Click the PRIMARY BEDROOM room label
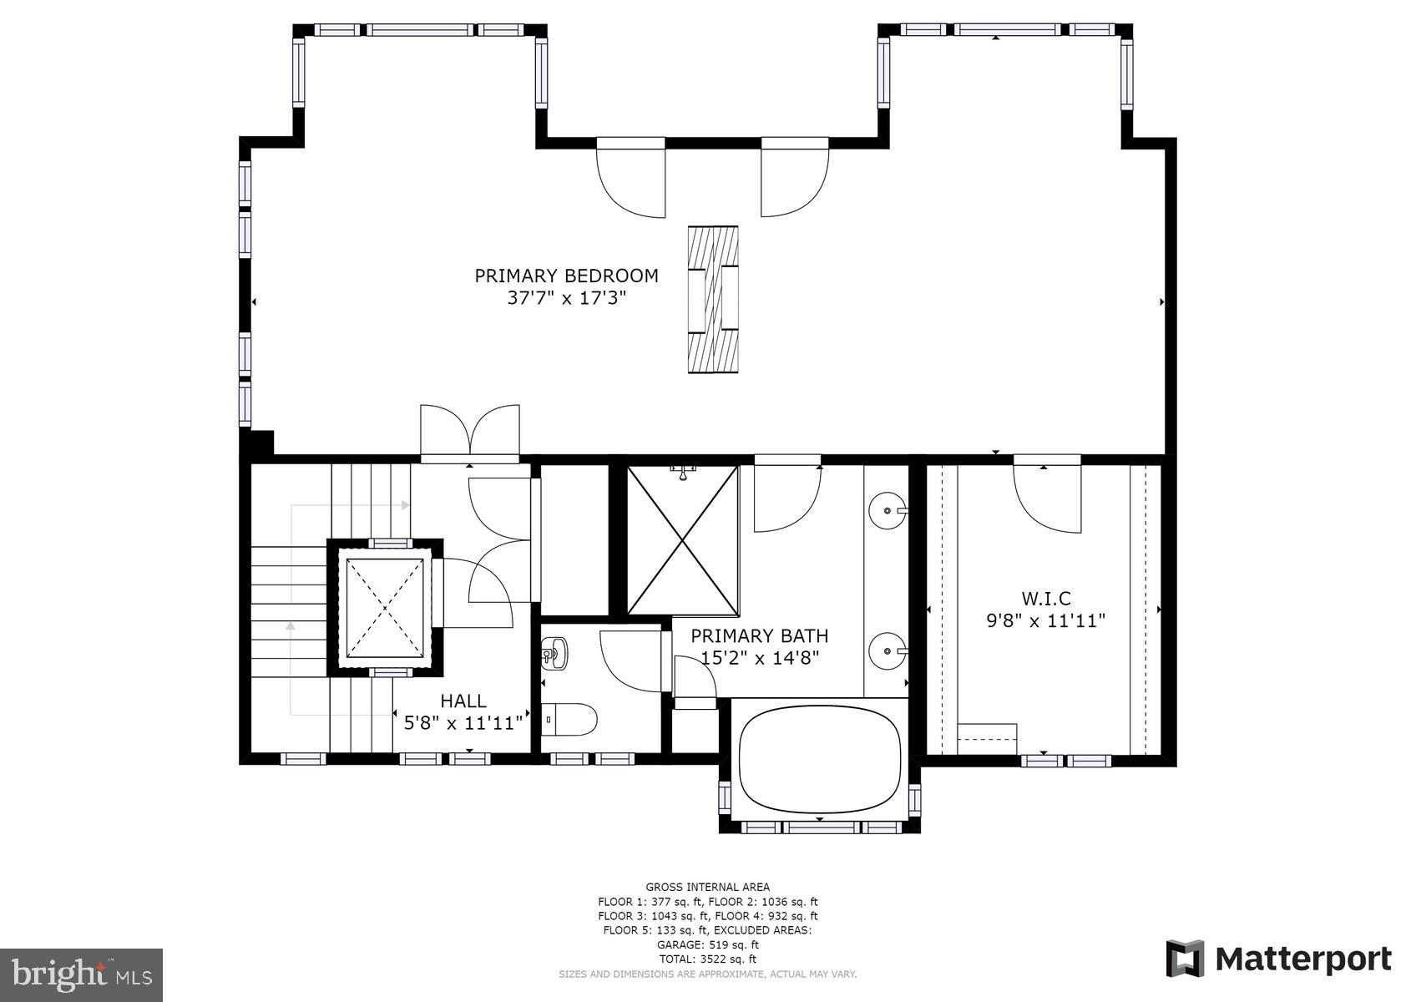pyautogui.click(x=566, y=276)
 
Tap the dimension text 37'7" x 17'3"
pyautogui.click(x=566, y=298)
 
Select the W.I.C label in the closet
pyautogui.click(x=1045, y=598)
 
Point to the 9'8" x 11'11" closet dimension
pyautogui.click(x=1045, y=620)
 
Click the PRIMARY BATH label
pyautogui.click(x=759, y=635)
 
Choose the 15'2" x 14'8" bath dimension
pyautogui.click(x=759, y=658)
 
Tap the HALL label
pyautogui.click(x=463, y=701)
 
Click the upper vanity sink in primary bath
pyautogui.click(x=886, y=509)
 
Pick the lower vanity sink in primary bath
pyautogui.click(x=886, y=650)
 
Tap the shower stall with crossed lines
pyautogui.click(x=683, y=540)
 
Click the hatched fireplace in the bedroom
pyautogui.click(x=712, y=299)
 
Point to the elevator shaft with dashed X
pyautogui.click(x=385, y=608)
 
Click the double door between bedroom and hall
pyautogui.click(x=470, y=433)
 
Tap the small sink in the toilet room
pyautogui.click(x=554, y=652)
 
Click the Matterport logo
pyautogui.click(x=1278, y=959)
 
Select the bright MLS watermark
pyautogui.click(x=81, y=974)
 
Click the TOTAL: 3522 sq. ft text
pyautogui.click(x=707, y=959)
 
